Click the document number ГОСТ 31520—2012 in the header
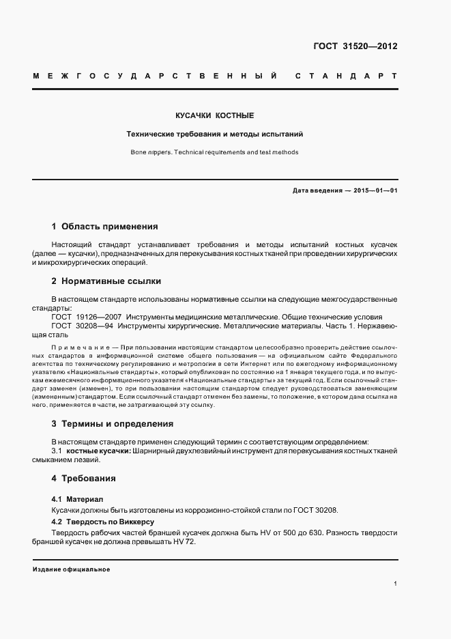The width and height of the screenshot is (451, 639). (x=354, y=46)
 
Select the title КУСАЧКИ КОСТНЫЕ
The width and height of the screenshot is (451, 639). (x=214, y=116)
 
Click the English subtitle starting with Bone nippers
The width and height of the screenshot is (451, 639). (x=214, y=152)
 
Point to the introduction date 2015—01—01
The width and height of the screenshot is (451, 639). (x=375, y=190)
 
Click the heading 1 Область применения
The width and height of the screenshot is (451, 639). (x=104, y=226)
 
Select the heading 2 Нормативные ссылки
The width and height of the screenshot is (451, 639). (x=106, y=281)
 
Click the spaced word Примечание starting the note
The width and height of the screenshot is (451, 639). (x=76, y=347)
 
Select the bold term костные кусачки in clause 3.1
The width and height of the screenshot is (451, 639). (x=88, y=451)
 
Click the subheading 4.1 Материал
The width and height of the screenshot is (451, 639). (x=76, y=499)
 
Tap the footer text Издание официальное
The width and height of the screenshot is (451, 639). (x=71, y=569)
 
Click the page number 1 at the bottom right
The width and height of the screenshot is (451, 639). (x=395, y=584)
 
